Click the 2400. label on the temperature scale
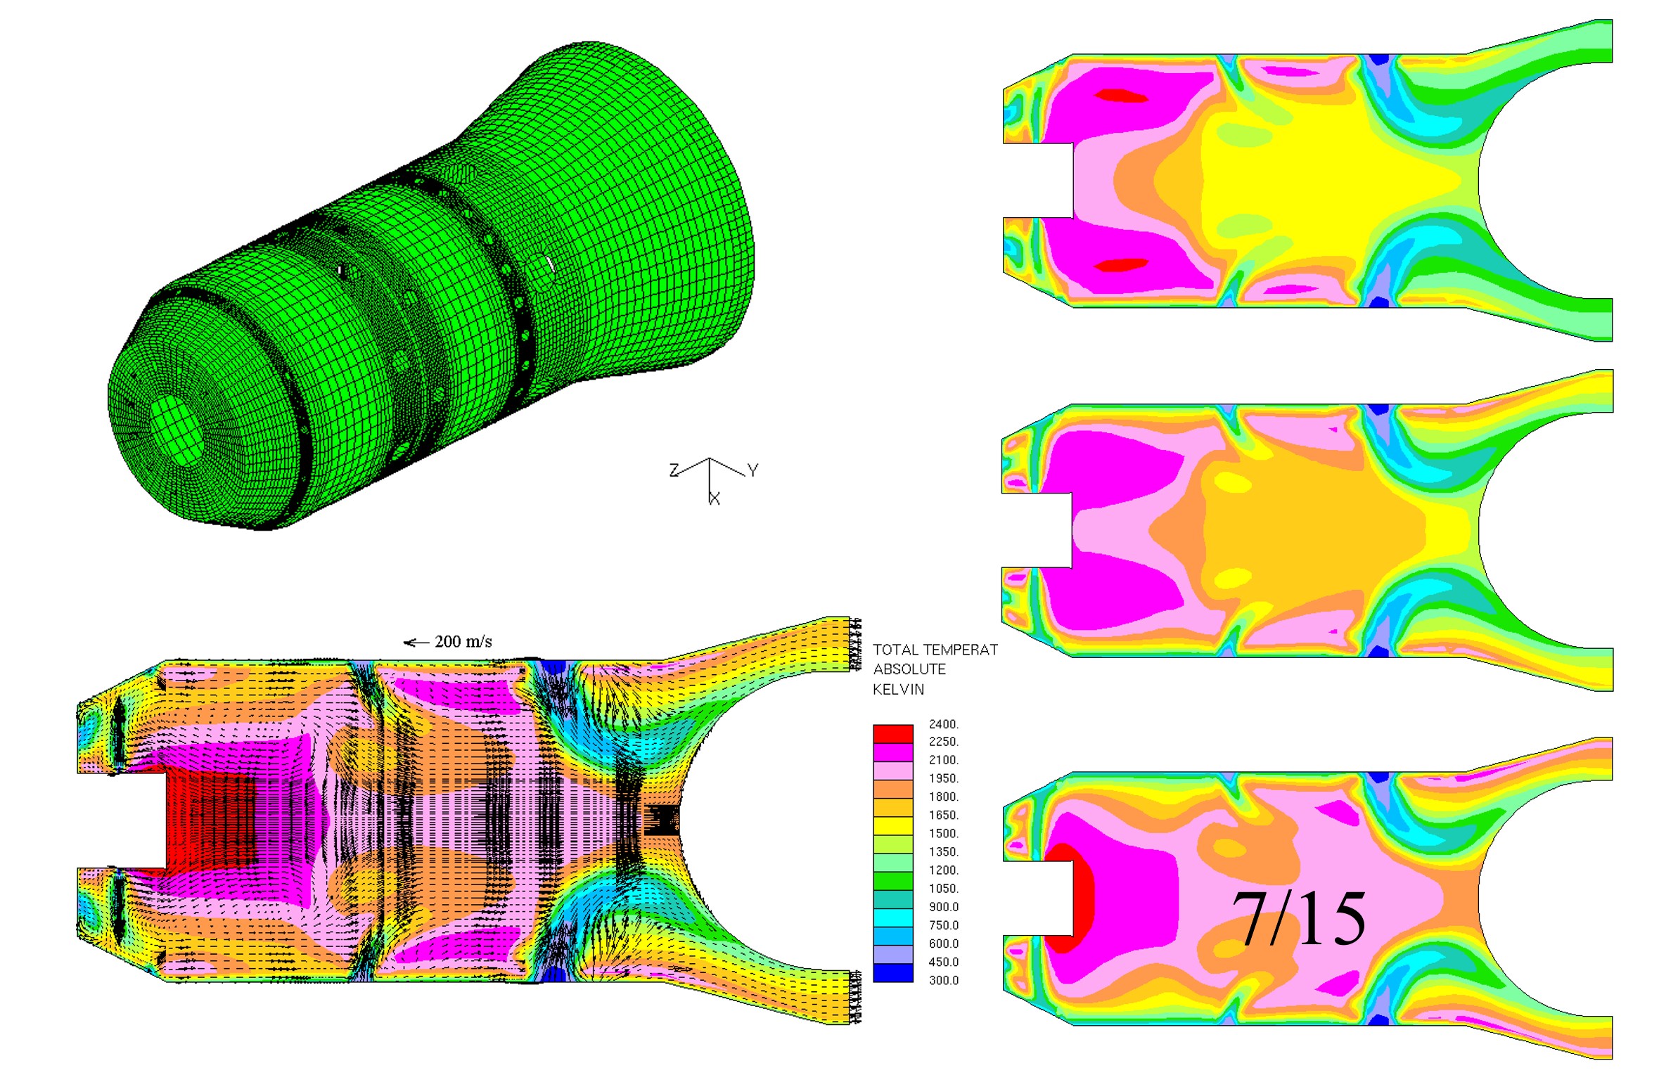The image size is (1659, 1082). click(943, 724)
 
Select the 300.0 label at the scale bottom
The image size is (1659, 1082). click(943, 980)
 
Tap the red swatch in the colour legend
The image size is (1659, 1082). click(893, 733)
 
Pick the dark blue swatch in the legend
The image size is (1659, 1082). click(893, 972)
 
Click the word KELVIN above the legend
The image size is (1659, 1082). click(898, 690)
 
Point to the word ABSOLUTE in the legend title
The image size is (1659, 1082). click(909, 669)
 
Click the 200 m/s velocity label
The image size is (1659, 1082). click(463, 641)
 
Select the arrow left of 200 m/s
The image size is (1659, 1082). click(416, 643)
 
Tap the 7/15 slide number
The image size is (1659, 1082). click(1298, 919)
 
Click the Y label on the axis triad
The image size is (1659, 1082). click(752, 470)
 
